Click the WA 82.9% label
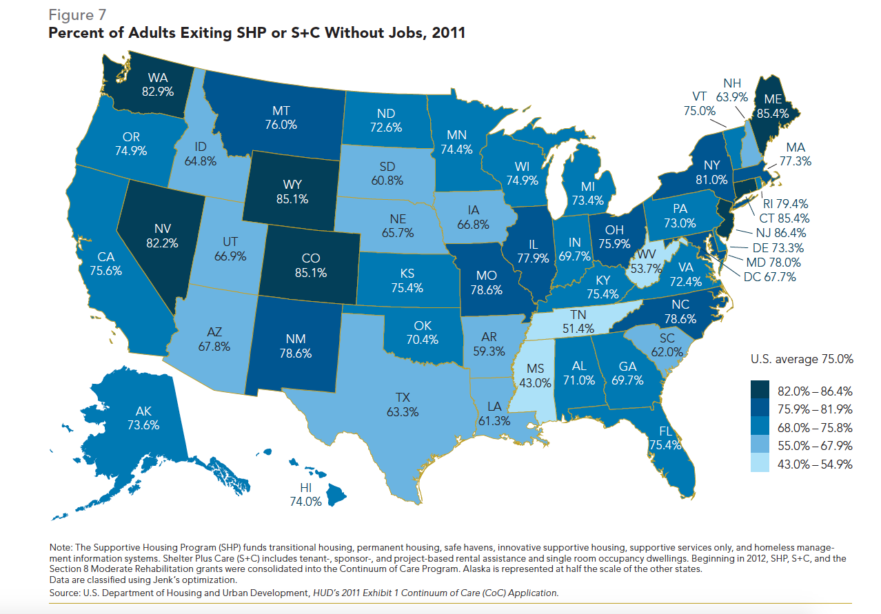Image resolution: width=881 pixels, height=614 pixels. click(158, 83)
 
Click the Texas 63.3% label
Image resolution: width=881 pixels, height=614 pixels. click(403, 405)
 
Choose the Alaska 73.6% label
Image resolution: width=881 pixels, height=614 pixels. click(143, 418)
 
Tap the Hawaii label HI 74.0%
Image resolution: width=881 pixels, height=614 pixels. click(306, 495)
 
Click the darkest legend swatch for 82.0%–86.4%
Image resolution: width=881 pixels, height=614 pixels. click(760, 390)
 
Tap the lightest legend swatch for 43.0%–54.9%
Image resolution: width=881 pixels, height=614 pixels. click(760, 464)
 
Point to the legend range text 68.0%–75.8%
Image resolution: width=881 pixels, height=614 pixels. click(815, 427)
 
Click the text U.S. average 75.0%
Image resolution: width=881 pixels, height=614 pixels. click(801, 359)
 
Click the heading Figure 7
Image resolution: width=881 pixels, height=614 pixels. click(77, 14)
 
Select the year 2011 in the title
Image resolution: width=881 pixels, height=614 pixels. click(448, 33)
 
